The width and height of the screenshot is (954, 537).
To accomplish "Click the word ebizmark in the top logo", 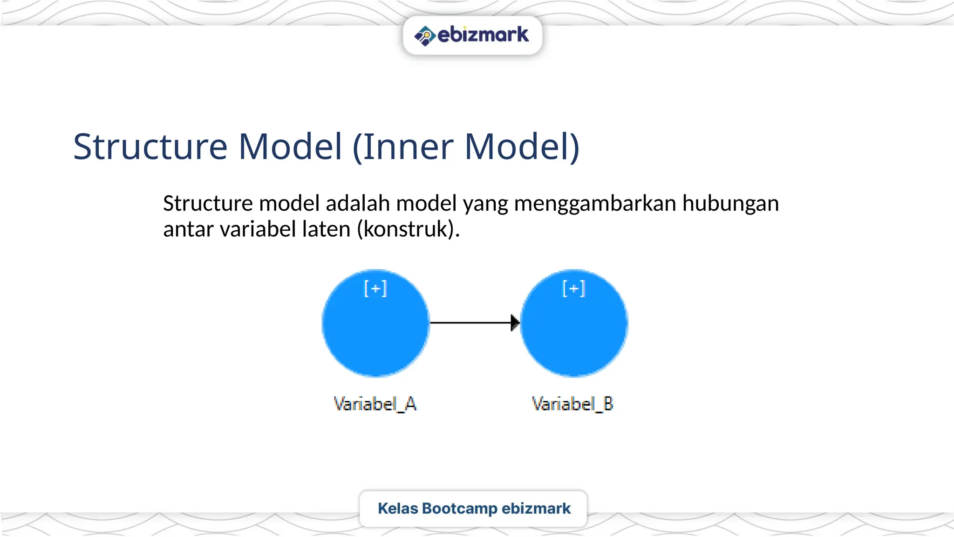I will click(483, 35).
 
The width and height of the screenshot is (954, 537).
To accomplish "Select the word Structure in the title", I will click(150, 147).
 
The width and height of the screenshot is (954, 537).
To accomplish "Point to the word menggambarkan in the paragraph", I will click(595, 204).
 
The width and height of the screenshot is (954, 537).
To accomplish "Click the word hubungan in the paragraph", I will click(730, 204).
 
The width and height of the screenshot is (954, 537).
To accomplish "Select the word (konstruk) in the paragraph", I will click(408, 229).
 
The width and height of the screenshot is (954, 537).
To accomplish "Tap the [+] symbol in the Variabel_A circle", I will click(375, 289).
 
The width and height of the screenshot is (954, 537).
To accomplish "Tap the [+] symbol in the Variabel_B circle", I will click(574, 289).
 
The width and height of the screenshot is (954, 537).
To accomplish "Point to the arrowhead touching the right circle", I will click(515, 323).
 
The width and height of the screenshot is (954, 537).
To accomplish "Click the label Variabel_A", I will click(375, 404).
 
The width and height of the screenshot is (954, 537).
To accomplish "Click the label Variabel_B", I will click(572, 404).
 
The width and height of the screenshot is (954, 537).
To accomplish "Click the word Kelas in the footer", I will click(398, 509).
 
